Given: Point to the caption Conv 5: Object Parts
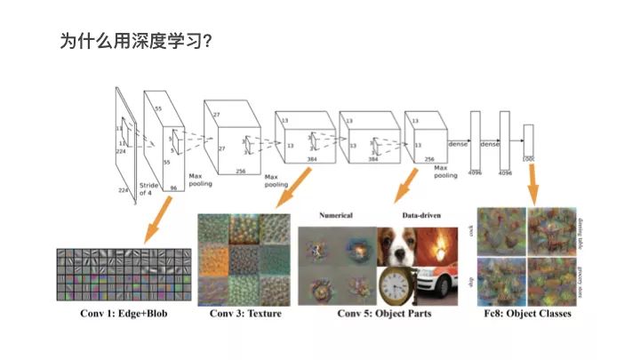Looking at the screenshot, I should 383,315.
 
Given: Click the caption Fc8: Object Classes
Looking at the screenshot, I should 524,315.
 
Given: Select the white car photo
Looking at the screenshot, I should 437,286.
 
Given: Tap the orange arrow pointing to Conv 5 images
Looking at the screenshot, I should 405,188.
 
